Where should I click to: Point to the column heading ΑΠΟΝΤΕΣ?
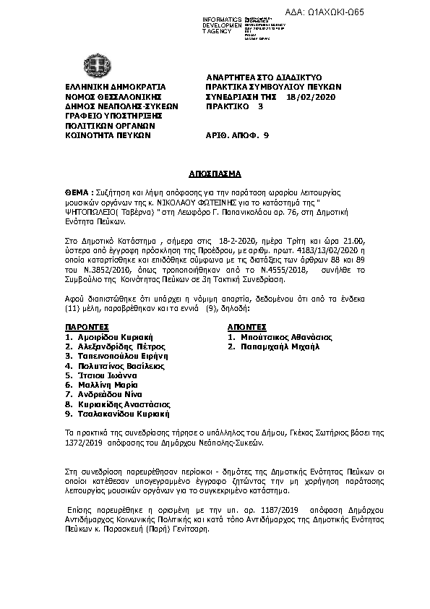click(x=248, y=327)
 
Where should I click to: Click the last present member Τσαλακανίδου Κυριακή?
click(x=123, y=414)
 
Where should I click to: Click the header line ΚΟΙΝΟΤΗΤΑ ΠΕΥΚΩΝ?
click(x=107, y=135)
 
